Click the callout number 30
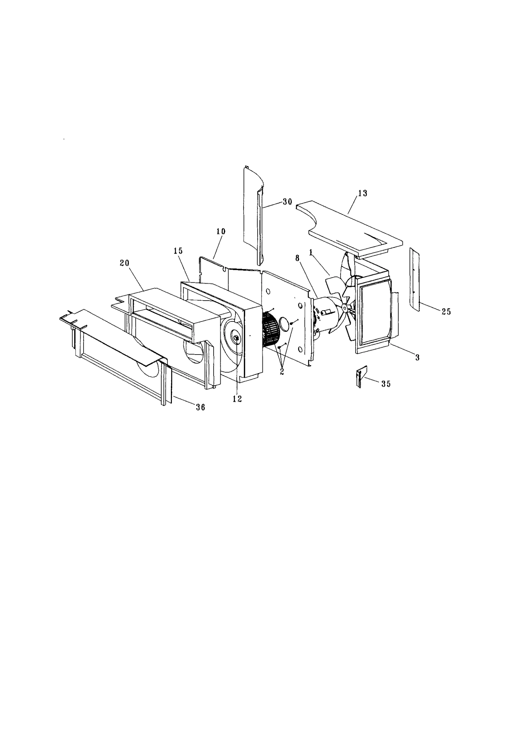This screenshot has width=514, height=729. point(287,202)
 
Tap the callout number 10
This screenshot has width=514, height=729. point(221,232)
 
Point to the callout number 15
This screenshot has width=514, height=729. point(178,251)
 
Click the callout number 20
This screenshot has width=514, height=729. point(124,263)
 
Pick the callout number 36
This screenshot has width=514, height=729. point(200,408)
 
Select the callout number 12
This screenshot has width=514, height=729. point(237,399)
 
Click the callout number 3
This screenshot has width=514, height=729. point(417,357)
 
